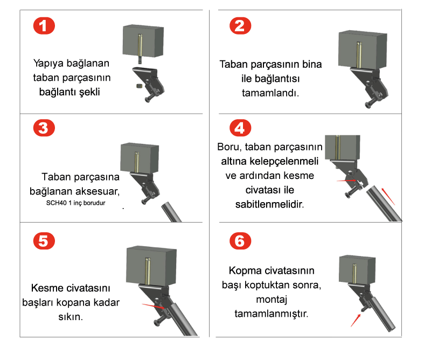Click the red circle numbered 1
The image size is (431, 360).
click(44, 26)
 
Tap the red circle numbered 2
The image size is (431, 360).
click(240, 26)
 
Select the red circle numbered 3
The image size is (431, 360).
click(44, 128)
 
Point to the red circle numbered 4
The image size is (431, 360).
click(240, 128)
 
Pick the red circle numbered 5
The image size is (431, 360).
click(44, 241)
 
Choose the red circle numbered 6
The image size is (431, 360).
click(240, 241)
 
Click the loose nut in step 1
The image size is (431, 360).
click(139, 86)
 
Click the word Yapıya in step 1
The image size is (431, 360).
click(48, 64)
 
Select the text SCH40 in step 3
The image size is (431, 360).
click(56, 203)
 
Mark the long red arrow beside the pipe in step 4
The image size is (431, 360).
click(388, 196)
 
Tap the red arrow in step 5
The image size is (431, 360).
click(154, 306)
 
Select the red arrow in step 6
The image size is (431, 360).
click(356, 321)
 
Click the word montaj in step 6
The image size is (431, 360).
click(272, 300)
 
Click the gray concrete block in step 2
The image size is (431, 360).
click(363, 50)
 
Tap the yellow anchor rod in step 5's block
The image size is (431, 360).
click(148, 271)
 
